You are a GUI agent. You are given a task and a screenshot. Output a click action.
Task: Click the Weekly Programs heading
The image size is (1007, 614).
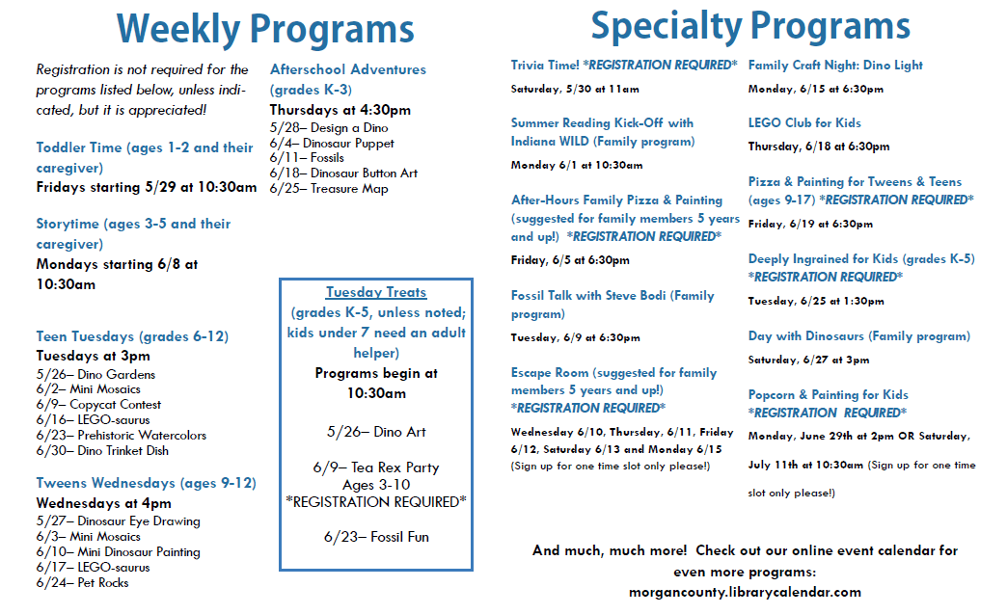coord(265,30)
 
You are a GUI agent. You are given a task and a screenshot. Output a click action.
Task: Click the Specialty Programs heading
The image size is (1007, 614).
coord(750,27)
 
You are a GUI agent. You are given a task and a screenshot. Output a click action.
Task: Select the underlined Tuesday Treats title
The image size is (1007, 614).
coord(376,292)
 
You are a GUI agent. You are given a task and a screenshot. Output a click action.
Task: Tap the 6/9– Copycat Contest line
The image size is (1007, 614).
coord(99,404)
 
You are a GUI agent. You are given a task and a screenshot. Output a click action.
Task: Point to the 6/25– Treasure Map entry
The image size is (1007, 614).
coord(329,189)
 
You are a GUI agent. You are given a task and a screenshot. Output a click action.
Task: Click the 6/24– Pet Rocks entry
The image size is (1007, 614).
coord(82,582)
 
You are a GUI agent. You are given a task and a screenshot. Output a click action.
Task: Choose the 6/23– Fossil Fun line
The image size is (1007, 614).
coord(376,537)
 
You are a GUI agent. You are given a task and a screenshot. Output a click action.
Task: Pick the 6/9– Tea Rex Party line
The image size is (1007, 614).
coord(376,467)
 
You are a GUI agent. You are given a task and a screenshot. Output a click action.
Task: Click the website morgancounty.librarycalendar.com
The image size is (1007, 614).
coord(745,592)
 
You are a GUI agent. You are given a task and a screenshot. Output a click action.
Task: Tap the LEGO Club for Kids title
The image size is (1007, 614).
coord(804,122)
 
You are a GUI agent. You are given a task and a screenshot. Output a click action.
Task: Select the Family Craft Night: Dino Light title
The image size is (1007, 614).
coord(835,65)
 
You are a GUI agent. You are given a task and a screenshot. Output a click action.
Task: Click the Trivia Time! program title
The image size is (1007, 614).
coord(545,65)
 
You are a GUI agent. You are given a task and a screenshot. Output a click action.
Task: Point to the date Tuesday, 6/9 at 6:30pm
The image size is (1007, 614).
coord(576,337)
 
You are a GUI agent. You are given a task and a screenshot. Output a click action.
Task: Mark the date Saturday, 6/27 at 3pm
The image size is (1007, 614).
coord(808,360)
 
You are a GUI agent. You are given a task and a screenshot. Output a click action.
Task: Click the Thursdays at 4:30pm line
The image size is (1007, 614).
coord(340,110)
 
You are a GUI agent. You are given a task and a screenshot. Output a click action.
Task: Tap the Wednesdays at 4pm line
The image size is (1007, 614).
coord(103,503)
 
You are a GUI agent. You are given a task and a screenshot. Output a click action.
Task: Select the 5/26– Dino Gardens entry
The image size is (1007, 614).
coord(95,374)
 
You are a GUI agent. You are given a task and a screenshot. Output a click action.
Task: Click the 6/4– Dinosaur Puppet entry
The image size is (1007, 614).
coord(332,143)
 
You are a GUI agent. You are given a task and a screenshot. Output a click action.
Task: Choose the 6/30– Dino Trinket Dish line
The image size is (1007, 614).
coord(103,450)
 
